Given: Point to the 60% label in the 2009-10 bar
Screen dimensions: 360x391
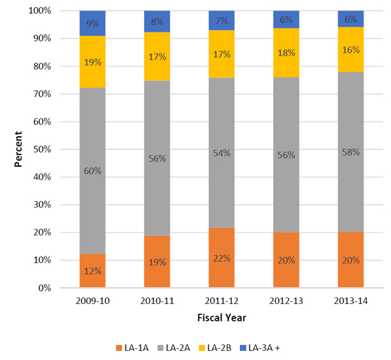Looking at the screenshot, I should (x=93, y=171).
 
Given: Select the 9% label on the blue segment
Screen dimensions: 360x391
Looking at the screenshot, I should (x=93, y=23).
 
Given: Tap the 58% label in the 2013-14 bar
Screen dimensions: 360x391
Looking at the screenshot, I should (x=351, y=151).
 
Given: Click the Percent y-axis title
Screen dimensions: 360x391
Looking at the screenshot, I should (x=20, y=149).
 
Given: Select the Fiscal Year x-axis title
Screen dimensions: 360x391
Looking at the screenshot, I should (x=222, y=318).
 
